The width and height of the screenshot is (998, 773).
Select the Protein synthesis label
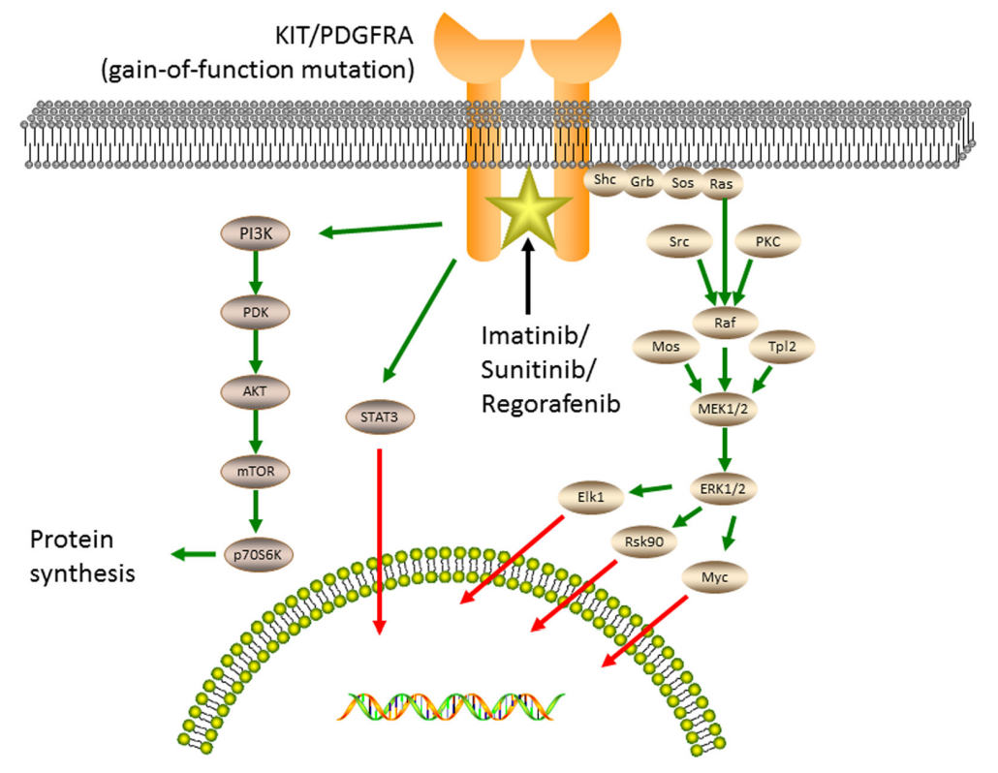point(82,555)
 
